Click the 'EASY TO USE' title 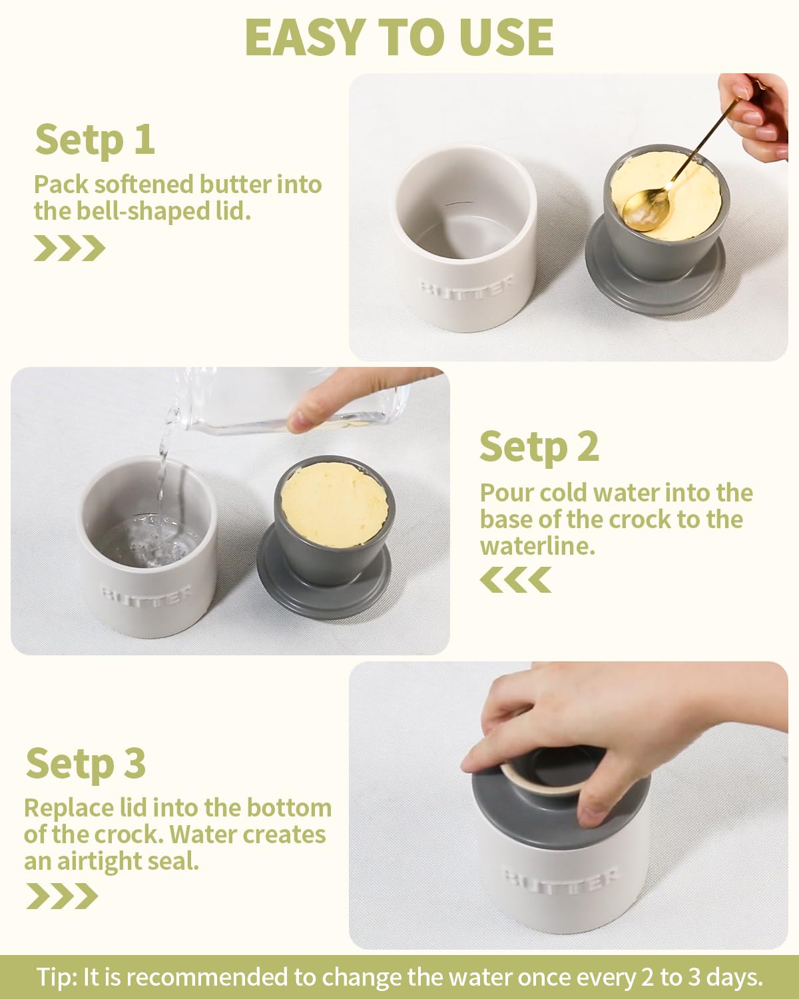[400, 38]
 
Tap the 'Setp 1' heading [95, 140]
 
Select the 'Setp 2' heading [539, 447]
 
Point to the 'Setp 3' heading [86, 763]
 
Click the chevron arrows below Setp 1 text [70, 248]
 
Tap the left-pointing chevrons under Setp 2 [515, 579]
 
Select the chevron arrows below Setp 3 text [62, 896]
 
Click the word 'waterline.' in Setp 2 [537, 546]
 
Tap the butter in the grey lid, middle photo [335, 505]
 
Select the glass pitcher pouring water [288, 401]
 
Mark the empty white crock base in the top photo [465, 239]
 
